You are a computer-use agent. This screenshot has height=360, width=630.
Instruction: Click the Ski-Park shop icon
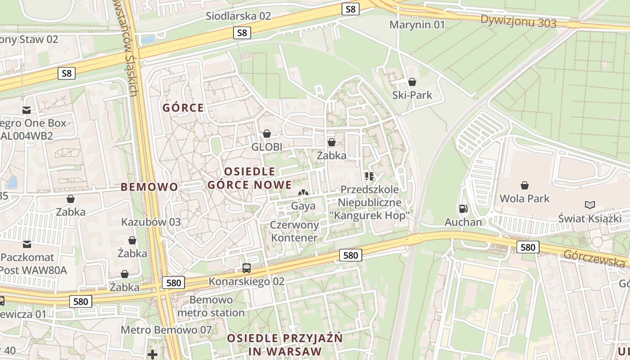coord(412,82)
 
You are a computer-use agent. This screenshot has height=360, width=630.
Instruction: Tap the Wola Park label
coord(525,198)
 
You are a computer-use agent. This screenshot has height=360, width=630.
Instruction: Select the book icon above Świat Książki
coord(589,205)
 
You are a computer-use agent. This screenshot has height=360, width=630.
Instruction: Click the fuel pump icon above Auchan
coord(463,209)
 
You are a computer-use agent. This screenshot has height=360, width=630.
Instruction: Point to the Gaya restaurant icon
coord(303,193)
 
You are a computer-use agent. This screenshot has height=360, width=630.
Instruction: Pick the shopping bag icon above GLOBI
coord(267,134)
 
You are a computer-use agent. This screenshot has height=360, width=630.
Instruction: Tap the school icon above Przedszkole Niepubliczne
coord(369,176)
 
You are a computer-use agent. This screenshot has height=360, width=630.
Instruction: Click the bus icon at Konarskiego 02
coord(247,268)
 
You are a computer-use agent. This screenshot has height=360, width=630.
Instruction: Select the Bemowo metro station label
coord(211,306)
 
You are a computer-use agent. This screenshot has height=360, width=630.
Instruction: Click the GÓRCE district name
coord(183,108)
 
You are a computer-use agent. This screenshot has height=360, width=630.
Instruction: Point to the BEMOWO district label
coord(149,187)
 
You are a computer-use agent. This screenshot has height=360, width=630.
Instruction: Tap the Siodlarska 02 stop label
coord(238,16)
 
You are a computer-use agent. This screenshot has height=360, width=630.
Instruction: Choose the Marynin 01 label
coord(417,25)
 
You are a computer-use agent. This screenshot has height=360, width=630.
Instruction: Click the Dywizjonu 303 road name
coord(518,21)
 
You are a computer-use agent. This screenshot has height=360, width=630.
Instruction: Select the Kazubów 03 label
coord(151,222)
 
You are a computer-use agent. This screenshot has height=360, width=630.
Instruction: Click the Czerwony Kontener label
coord(294,231)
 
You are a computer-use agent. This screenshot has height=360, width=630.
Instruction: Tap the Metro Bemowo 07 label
coord(166,330)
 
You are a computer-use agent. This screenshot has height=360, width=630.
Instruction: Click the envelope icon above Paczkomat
coord(27,244)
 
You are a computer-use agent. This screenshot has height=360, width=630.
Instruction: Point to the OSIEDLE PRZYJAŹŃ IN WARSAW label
coord(284,345)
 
